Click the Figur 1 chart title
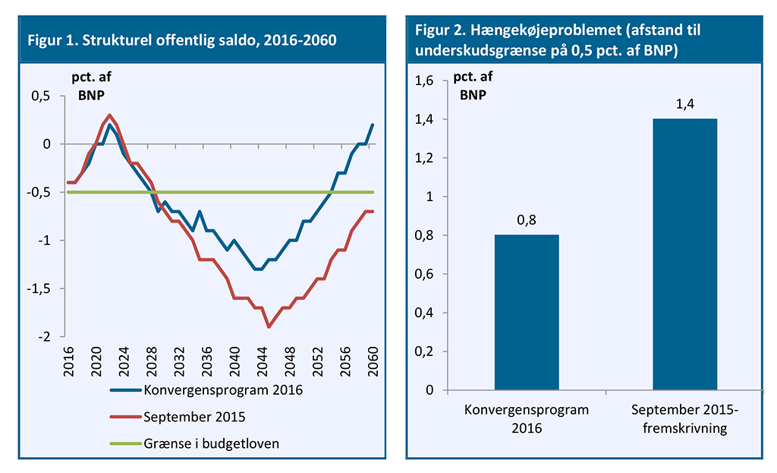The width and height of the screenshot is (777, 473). point(182,39)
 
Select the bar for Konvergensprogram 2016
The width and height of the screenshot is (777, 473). point(527,312)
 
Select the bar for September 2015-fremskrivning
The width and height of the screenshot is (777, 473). point(684,254)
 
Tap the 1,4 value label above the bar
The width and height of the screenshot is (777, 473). point(684,104)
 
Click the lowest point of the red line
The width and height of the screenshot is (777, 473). point(269,326)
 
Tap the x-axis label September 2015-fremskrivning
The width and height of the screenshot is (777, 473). point(684,418)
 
